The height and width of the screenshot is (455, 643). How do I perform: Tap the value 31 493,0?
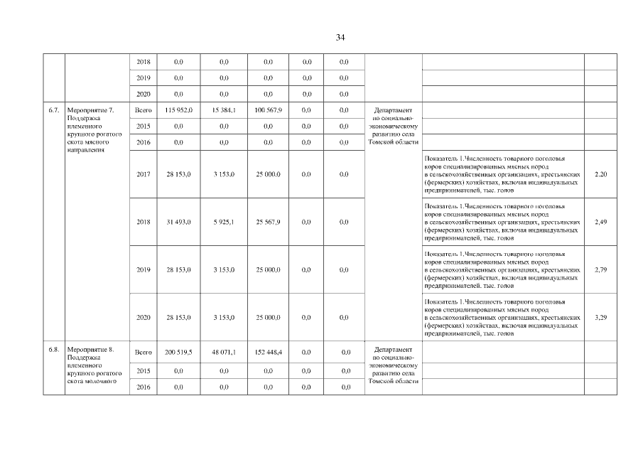(x=178, y=222)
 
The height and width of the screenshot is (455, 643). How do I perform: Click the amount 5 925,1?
(x=224, y=222)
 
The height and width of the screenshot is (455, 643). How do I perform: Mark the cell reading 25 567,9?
(x=268, y=222)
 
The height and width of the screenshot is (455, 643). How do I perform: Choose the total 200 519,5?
(x=178, y=352)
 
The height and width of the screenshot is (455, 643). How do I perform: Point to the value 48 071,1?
(x=224, y=352)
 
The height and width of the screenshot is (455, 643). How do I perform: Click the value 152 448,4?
(x=268, y=352)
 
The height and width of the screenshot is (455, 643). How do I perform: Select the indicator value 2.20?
(x=600, y=174)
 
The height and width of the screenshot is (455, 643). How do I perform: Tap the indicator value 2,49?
(x=600, y=222)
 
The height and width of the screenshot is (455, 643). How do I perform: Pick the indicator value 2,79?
(x=600, y=269)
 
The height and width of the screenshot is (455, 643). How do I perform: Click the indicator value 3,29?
(x=600, y=317)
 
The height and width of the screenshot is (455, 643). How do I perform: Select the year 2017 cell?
(x=144, y=174)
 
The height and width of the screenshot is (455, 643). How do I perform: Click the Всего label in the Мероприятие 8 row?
(x=144, y=352)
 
